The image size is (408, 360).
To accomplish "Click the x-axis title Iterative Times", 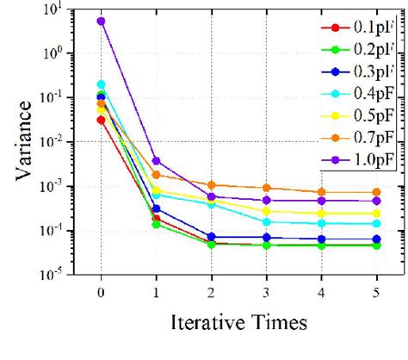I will tap(238, 324).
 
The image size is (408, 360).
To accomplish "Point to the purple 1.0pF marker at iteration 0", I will tap(101, 21).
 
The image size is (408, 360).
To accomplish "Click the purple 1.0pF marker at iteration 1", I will tap(156, 161).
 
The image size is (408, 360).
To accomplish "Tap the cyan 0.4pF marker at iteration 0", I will tap(101, 84).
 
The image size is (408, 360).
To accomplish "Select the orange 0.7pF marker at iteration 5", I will tap(377, 192).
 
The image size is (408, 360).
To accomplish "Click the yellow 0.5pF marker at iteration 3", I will tap(266, 211).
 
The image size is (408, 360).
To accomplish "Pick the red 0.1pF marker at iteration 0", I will tap(101, 120).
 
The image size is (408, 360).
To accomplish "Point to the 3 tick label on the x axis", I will tap(266, 291).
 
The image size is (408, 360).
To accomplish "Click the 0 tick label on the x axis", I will tap(101, 291).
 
